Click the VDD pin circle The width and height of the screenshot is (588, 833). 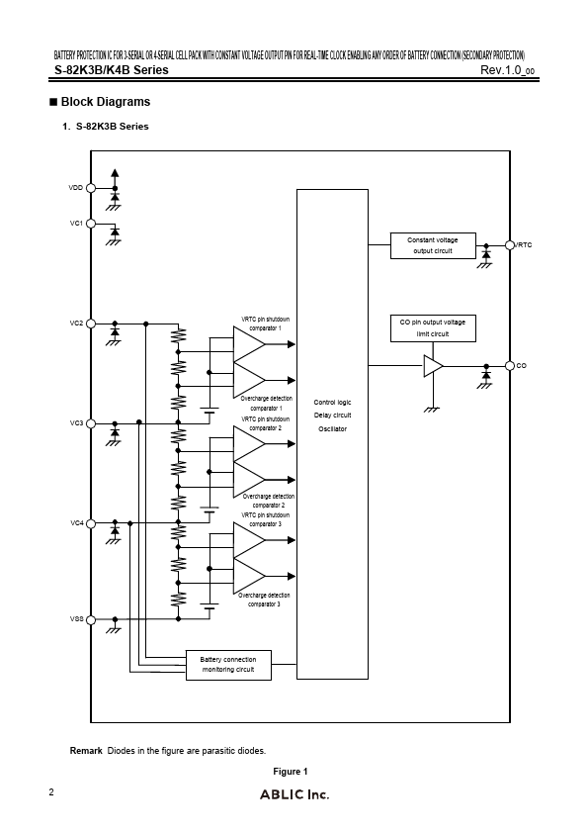click(91, 187)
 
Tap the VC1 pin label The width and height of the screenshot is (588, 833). click(76, 224)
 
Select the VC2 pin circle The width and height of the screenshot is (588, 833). click(91, 324)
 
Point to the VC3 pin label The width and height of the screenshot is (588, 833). click(76, 423)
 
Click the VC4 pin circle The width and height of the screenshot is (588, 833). click(91, 522)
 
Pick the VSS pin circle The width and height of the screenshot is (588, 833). click(91, 620)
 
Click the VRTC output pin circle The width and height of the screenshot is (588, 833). click(510, 244)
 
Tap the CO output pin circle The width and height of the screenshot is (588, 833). click(510, 366)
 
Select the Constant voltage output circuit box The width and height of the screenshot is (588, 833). click(432, 245)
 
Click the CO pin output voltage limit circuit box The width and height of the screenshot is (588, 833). click(432, 327)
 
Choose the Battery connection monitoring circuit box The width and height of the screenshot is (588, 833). click(227, 665)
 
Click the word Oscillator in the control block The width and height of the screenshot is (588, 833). click(332, 428)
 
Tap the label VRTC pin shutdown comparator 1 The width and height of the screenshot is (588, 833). click(266, 324)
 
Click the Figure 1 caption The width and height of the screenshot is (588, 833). click(291, 772)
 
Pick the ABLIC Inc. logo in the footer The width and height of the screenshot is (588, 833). click(294, 794)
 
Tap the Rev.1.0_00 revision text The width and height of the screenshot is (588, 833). click(508, 70)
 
